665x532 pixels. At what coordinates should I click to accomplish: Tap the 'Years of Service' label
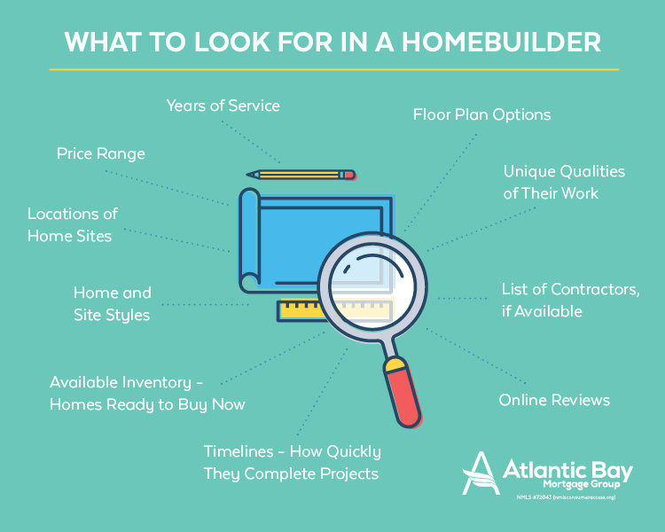[x=223, y=106]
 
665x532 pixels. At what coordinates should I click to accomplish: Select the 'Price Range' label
[x=100, y=153]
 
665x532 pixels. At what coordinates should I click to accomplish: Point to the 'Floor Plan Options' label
[x=481, y=114]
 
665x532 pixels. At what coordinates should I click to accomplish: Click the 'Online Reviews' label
[x=554, y=400]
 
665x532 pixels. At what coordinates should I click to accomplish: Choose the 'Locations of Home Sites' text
[x=72, y=224]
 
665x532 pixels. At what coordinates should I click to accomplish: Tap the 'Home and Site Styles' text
[x=112, y=303]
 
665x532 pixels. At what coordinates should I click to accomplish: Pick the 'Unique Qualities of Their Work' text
[x=564, y=181]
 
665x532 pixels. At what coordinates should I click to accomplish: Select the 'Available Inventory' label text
[x=147, y=393]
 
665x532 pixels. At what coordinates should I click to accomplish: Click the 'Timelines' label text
[x=292, y=462]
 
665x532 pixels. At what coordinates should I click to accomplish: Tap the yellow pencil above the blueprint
[x=301, y=175]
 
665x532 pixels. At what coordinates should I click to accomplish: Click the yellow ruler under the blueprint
[x=301, y=310]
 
